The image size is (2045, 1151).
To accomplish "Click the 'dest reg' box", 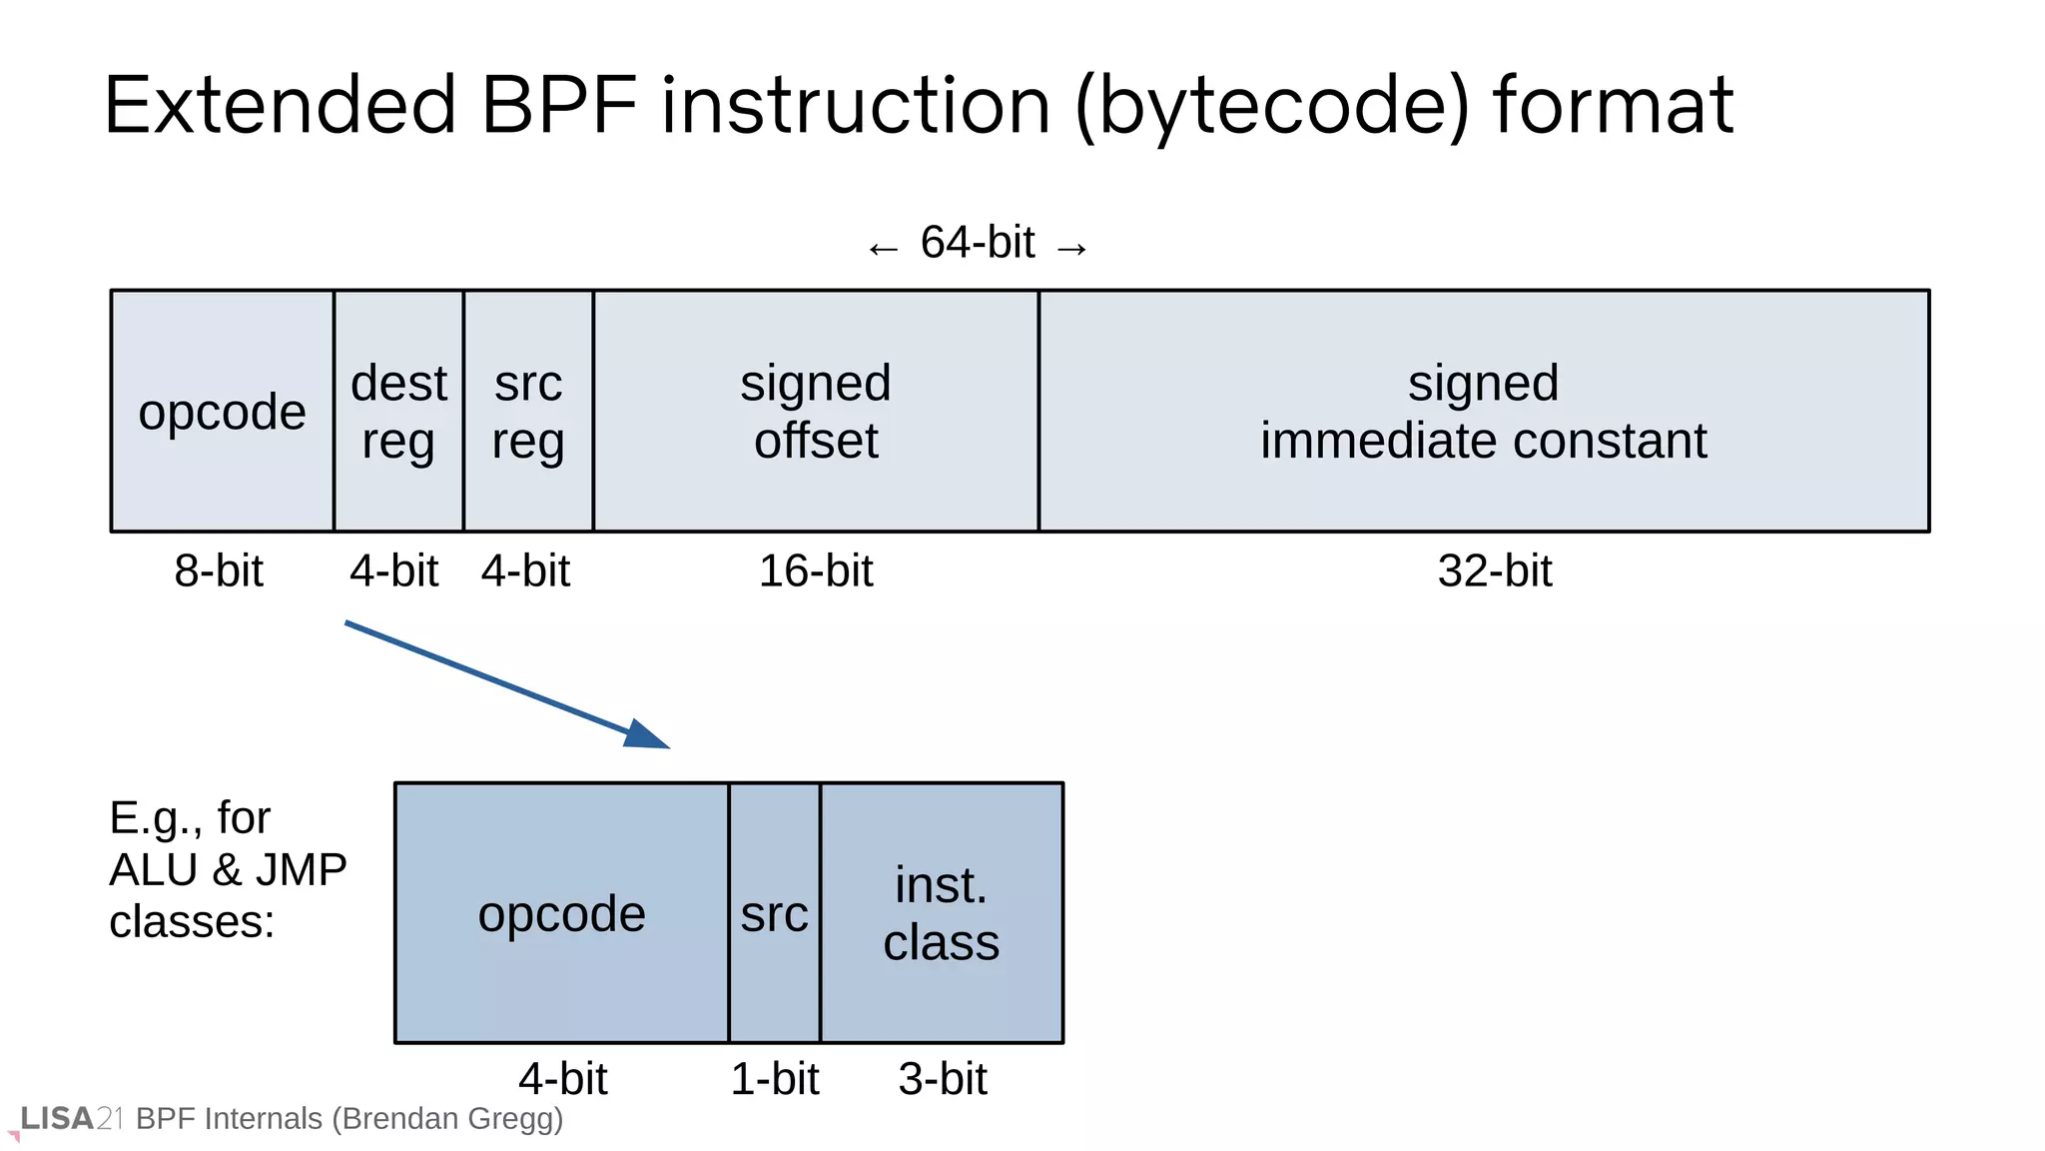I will point(398,411).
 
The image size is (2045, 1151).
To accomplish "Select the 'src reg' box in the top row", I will point(528,411).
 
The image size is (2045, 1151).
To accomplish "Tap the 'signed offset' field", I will point(816,411).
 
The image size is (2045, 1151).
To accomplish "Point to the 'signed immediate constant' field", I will point(1483,411).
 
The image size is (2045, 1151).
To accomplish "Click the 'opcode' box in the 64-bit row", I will point(222,411).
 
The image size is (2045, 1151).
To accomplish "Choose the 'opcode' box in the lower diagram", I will point(561,913).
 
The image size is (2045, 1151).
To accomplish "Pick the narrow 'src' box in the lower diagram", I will point(774,913).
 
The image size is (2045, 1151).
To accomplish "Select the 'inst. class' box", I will point(942,913).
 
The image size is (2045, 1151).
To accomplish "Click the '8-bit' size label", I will point(219,572).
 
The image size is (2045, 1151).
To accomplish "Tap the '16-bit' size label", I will point(816,572).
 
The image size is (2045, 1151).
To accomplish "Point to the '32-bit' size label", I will point(1495,572).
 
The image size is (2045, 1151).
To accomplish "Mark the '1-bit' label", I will point(775,1079).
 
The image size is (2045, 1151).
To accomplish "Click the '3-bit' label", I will point(943,1079).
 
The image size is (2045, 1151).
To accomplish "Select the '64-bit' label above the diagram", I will point(978,243).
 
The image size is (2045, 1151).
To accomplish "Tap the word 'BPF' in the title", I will point(558,105).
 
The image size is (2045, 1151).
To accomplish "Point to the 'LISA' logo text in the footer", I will point(57,1118).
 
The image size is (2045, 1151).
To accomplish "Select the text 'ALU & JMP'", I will point(228,869).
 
